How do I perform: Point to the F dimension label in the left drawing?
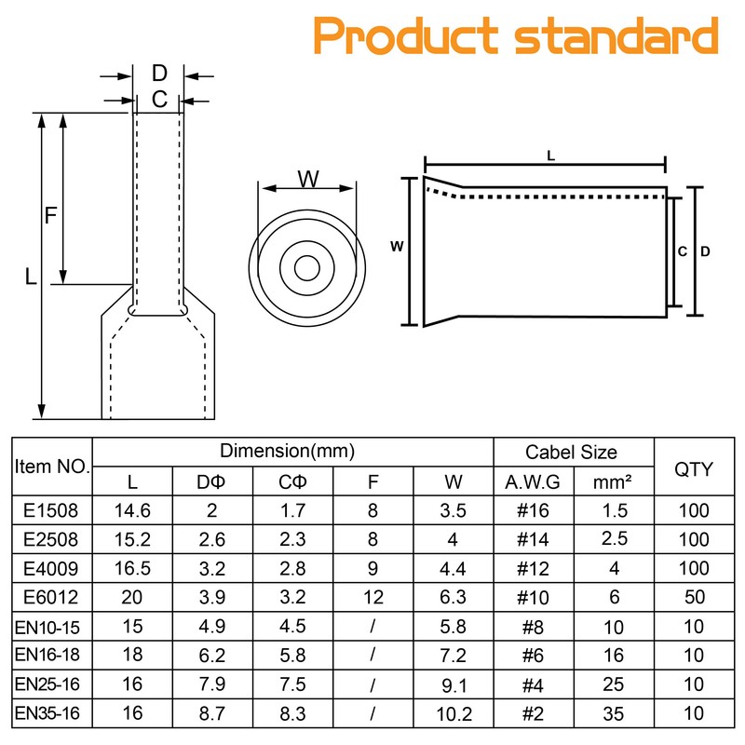pos(51,215)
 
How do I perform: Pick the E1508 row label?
pos(52,510)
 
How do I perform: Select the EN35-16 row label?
pos(52,715)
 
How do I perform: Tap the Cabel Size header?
pos(571,453)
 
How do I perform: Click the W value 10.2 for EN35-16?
pos(454,715)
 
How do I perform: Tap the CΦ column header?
pos(292,482)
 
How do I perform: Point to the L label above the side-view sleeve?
pos(550,157)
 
